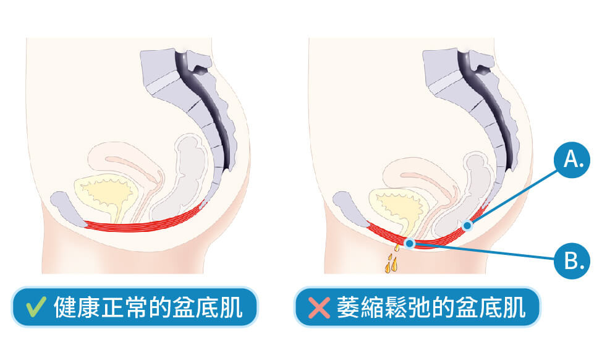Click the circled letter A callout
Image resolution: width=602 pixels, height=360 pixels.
click(572, 160)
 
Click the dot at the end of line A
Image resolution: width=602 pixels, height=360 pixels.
click(467, 226)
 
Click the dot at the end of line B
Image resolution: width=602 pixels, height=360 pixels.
click(409, 244)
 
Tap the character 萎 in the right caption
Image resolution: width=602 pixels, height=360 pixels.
click(347, 307)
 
